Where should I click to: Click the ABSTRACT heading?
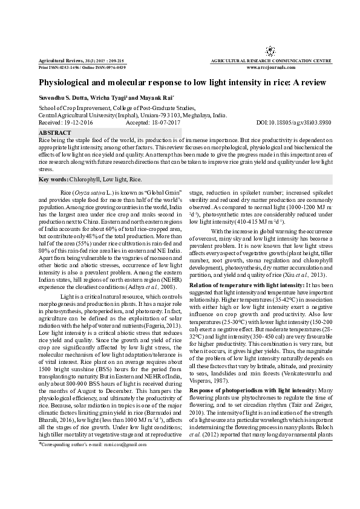coord(54,131)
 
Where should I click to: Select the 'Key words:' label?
coord(53,180)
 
